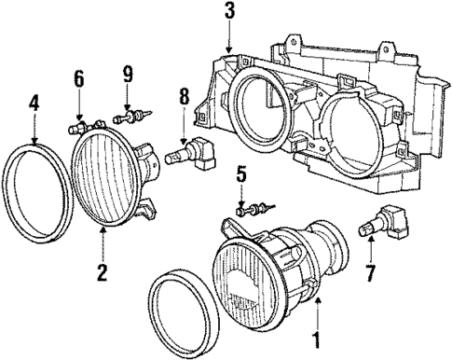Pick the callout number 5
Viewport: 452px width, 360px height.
[x=240, y=173]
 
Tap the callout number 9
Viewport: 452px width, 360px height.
[x=127, y=73]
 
